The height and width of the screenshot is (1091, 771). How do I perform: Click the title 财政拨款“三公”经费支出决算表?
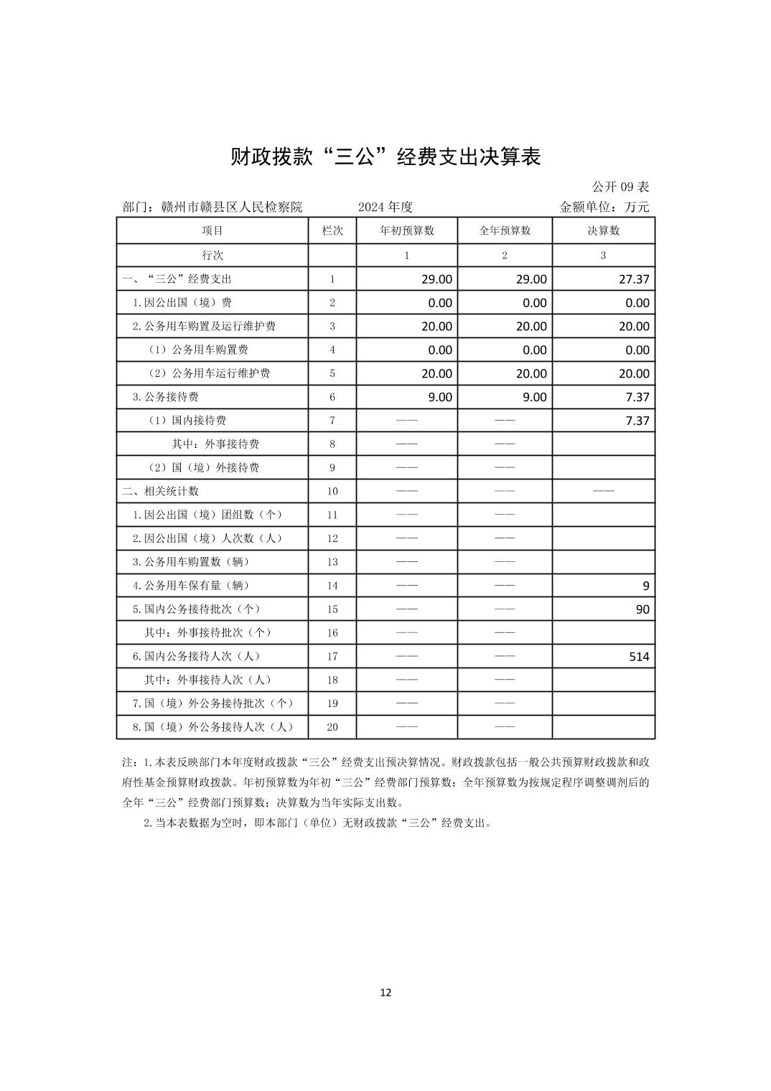(x=385, y=157)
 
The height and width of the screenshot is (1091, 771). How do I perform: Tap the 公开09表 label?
(x=620, y=187)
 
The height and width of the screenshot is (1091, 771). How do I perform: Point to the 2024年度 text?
(x=385, y=207)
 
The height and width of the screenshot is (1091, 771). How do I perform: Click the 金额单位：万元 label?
(x=604, y=207)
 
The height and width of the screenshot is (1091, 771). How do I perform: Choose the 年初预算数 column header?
(x=406, y=230)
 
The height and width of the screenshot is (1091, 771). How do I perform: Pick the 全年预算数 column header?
(x=505, y=230)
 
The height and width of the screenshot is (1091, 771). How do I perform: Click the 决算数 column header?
(x=603, y=230)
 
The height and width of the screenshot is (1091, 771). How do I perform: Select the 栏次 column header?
(x=332, y=230)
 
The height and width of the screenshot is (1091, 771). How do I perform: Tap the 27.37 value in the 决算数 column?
(x=634, y=279)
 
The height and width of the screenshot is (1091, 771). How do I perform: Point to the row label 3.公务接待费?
(x=165, y=397)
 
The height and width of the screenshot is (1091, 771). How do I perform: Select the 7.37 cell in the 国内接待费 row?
(x=637, y=421)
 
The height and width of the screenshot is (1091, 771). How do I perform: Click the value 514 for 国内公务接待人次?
(x=639, y=656)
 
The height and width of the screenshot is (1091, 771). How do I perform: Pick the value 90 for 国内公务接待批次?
(x=642, y=609)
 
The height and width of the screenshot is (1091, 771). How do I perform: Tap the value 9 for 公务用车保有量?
(x=646, y=586)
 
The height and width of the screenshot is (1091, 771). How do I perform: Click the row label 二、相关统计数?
(x=161, y=491)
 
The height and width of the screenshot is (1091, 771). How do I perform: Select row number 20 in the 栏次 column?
(x=332, y=727)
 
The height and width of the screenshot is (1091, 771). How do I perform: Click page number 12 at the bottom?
(x=385, y=993)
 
